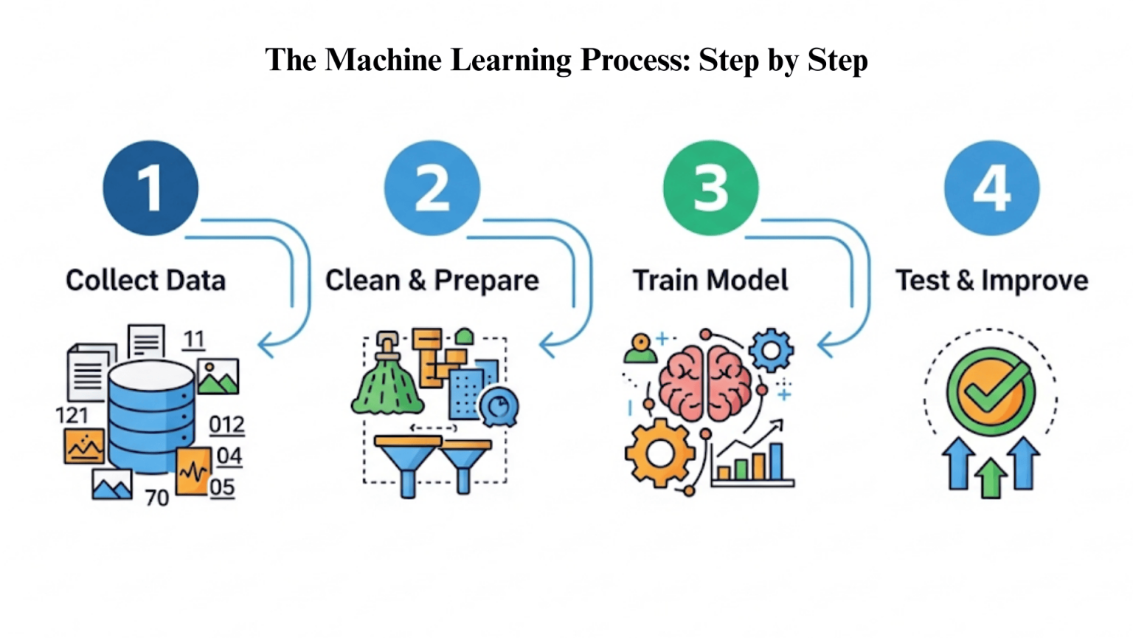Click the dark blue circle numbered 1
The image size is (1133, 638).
(x=150, y=188)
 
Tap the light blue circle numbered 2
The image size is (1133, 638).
(x=432, y=188)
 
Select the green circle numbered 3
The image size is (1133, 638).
(x=710, y=188)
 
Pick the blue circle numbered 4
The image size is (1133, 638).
(x=991, y=188)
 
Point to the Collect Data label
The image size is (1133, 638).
(x=145, y=281)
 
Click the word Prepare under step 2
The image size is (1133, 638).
(x=486, y=281)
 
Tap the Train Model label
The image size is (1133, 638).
(x=710, y=281)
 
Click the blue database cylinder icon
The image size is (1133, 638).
(x=151, y=417)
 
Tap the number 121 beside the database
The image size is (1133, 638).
(x=72, y=416)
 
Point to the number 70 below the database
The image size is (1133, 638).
(x=156, y=498)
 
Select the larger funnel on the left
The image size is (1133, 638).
(x=408, y=462)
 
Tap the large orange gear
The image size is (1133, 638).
(x=659, y=453)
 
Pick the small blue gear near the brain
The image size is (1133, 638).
(x=772, y=350)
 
